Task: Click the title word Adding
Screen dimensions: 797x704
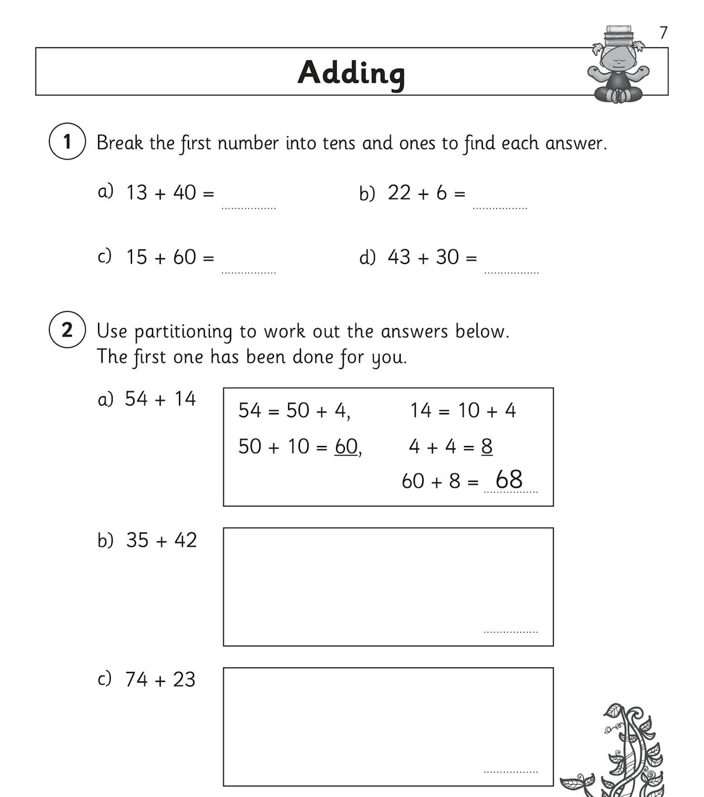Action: (x=351, y=73)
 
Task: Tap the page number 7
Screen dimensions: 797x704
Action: (x=664, y=33)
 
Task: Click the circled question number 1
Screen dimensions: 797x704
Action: (x=67, y=141)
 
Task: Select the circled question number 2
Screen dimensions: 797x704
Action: (x=67, y=330)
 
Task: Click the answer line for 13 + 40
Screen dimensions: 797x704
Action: (x=248, y=207)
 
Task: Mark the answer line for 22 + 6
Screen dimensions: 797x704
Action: (x=500, y=207)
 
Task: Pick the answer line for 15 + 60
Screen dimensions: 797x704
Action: (x=248, y=272)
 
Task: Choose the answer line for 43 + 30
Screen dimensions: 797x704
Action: (x=511, y=272)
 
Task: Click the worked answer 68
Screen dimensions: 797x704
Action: (x=509, y=479)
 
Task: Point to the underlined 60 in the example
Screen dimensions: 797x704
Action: (x=346, y=447)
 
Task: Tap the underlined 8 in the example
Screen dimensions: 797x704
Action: (x=487, y=447)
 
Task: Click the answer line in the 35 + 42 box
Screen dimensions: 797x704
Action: (x=510, y=631)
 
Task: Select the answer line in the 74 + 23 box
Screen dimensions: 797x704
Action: (x=510, y=771)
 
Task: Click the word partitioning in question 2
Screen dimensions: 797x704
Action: (x=183, y=332)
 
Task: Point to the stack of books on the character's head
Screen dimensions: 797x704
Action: (x=618, y=35)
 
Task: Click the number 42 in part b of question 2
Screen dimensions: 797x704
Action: (x=185, y=540)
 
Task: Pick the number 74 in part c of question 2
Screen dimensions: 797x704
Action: (x=136, y=679)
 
